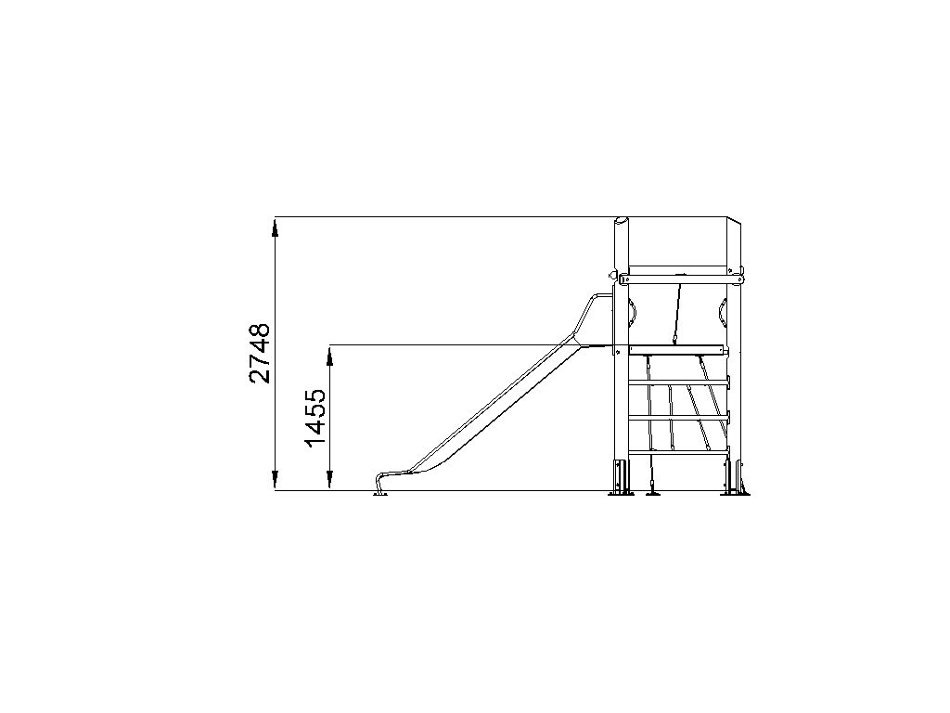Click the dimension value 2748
(x=260, y=354)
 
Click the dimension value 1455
(x=315, y=419)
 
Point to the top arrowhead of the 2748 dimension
(x=275, y=229)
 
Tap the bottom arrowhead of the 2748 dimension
(x=275, y=479)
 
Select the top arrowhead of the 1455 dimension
(x=330, y=356)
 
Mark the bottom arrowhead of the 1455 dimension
(x=330, y=479)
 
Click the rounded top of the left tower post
(x=622, y=221)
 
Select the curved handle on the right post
(x=723, y=312)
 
